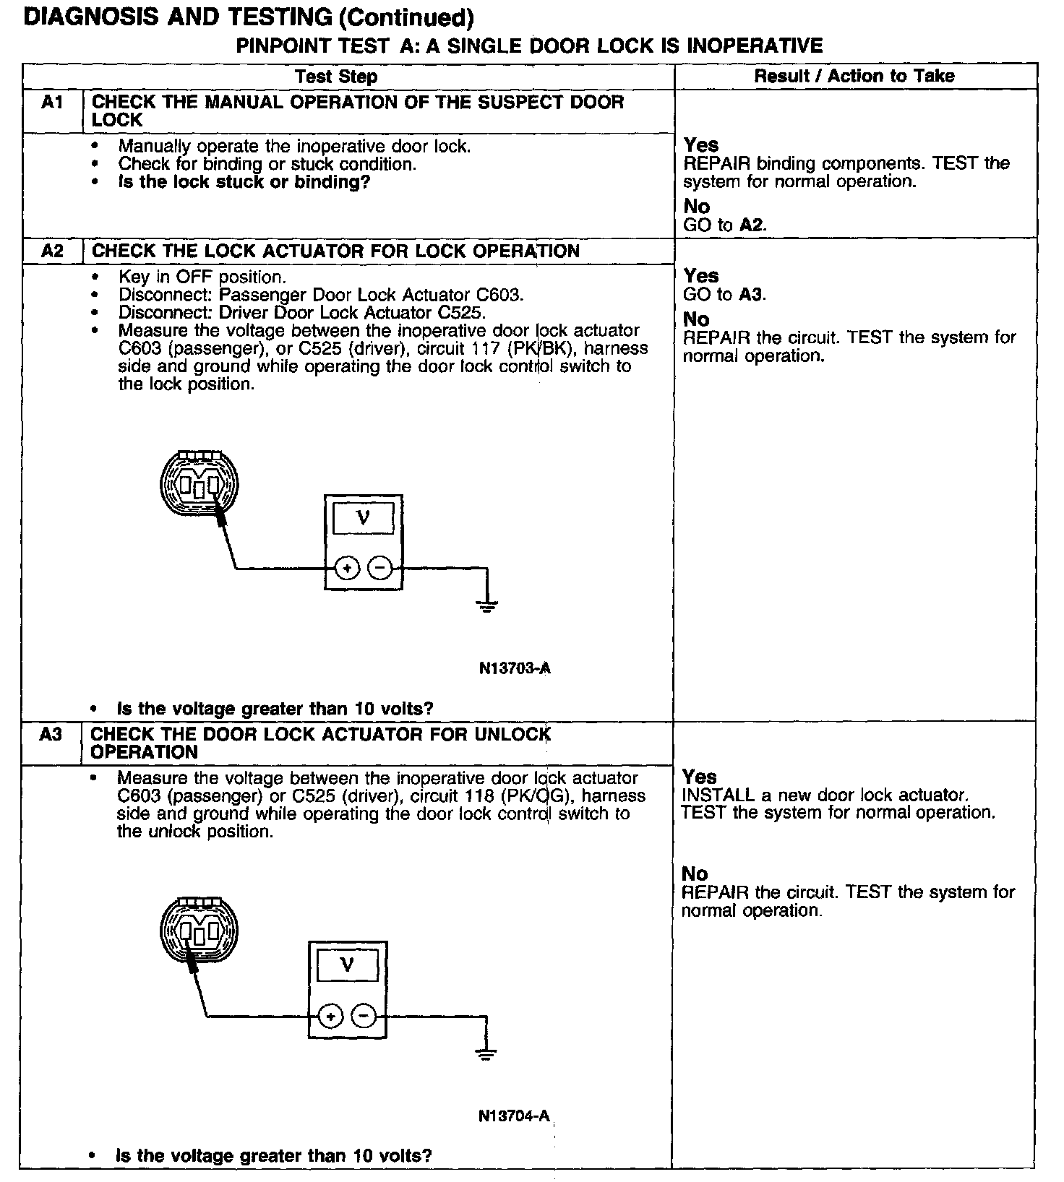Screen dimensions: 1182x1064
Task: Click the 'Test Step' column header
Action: pos(336,77)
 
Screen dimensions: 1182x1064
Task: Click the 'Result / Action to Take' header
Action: pos(854,76)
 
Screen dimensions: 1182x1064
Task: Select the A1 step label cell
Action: pos(53,103)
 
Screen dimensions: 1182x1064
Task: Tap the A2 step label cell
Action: pos(53,251)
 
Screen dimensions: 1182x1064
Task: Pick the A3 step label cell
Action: pos(51,735)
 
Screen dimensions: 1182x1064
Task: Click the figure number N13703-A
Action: pos(515,668)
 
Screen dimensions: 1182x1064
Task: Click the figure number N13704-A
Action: pos(514,1116)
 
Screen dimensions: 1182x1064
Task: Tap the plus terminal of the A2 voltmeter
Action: pos(348,569)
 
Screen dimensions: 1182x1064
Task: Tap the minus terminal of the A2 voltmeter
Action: pos(380,569)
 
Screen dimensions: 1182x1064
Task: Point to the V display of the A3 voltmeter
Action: pos(348,965)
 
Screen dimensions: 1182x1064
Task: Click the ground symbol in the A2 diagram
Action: pos(487,605)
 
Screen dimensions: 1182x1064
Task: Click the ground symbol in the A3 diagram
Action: pos(486,1053)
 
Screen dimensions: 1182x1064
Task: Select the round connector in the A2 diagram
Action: pos(199,483)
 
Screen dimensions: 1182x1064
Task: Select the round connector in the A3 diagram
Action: pos(199,931)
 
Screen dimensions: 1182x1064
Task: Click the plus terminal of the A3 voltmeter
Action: pos(331,1017)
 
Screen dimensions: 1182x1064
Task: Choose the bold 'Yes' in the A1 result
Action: pos(701,145)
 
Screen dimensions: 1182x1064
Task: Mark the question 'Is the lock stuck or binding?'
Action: pos(244,182)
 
